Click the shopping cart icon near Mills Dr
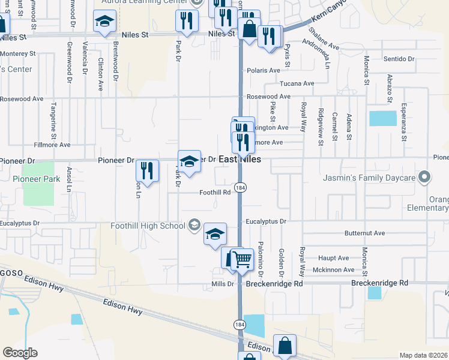coord(242,259)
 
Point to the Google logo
coord(19,352)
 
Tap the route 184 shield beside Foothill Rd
coord(240,188)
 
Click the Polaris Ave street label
coord(264,70)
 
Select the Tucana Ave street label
coord(297,83)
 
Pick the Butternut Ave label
coord(364,233)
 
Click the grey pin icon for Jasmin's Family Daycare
coord(426,177)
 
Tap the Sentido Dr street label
coord(400,59)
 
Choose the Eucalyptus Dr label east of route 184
coord(267,221)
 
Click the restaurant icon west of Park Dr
coord(146,170)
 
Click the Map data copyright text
coord(423,355)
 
